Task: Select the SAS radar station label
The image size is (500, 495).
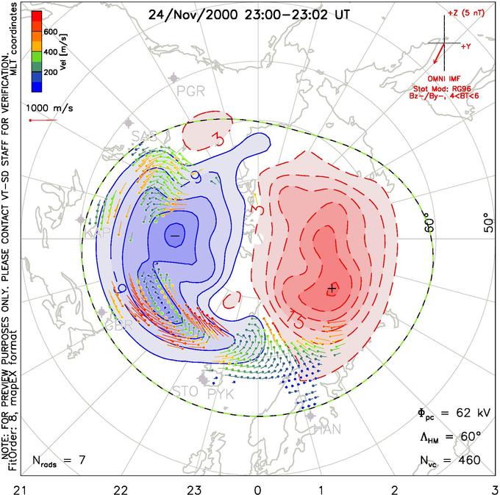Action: (x=144, y=136)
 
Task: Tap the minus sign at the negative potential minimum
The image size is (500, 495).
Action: (x=174, y=234)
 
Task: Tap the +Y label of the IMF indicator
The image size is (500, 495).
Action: (x=466, y=46)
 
